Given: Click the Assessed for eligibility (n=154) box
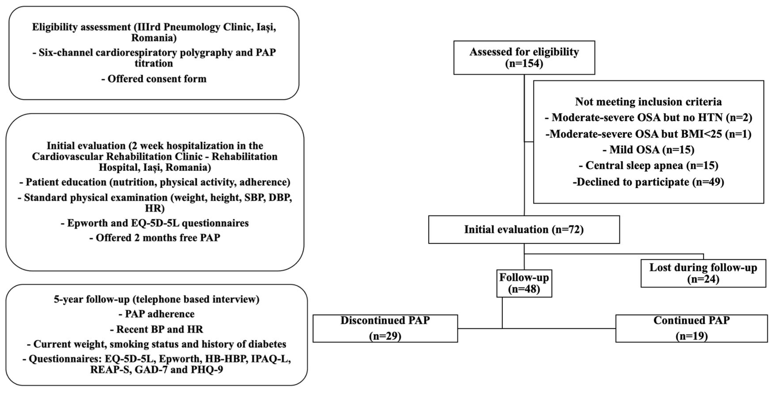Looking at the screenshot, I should [x=524, y=58].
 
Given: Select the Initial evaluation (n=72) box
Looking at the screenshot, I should [x=524, y=230].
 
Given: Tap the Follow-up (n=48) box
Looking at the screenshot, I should [x=524, y=283].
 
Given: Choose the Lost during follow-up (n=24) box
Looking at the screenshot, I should [x=703, y=273].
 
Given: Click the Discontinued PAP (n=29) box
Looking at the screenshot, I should [x=385, y=328].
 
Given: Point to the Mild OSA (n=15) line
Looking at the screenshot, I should [x=648, y=150].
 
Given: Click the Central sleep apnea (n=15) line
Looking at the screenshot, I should [x=648, y=165].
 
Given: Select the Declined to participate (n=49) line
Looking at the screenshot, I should [x=648, y=182].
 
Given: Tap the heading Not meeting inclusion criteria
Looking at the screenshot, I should [x=648, y=102].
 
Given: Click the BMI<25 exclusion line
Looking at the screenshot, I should [x=648, y=134].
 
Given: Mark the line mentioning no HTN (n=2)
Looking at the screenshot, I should [x=648, y=117].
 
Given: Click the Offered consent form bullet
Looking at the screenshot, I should [x=154, y=79].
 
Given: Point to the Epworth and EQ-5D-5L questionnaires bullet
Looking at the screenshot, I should [x=155, y=223].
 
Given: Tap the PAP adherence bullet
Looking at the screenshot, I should [x=156, y=314].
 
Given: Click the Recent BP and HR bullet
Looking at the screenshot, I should [x=156, y=329].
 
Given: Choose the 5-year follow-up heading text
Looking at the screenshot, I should [x=156, y=299].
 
